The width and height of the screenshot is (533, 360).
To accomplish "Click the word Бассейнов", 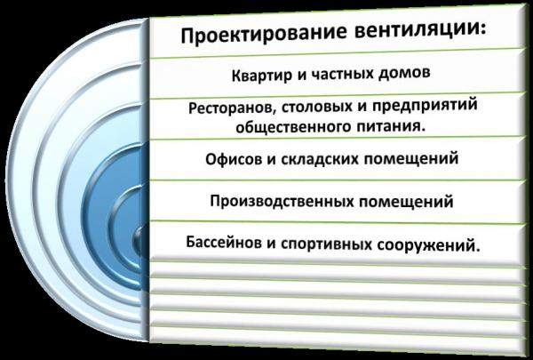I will (x=229, y=241).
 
